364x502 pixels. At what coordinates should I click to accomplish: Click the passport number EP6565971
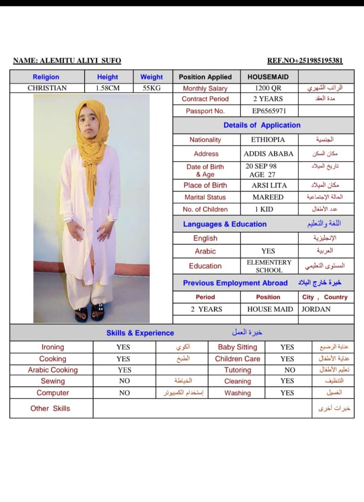(269, 111)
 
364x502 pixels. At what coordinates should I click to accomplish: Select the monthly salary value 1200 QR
(268, 88)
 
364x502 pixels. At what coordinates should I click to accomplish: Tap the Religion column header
(46, 77)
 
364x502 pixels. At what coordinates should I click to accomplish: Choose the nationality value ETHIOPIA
(268, 139)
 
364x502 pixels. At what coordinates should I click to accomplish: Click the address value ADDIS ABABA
(269, 154)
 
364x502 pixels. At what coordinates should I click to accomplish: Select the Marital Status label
(205, 197)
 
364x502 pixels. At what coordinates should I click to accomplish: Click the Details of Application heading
(262, 125)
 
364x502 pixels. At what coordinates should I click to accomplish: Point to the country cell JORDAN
(316, 309)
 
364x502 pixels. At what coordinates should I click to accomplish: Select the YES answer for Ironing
(123, 347)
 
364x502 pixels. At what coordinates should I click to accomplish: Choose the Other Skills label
(50, 409)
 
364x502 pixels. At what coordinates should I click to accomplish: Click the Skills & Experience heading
(140, 333)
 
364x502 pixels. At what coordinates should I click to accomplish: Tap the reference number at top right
(305, 60)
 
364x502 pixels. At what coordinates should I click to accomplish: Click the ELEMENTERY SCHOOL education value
(269, 266)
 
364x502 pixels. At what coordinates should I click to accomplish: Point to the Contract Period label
(205, 99)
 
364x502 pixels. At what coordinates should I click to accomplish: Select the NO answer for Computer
(124, 393)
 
